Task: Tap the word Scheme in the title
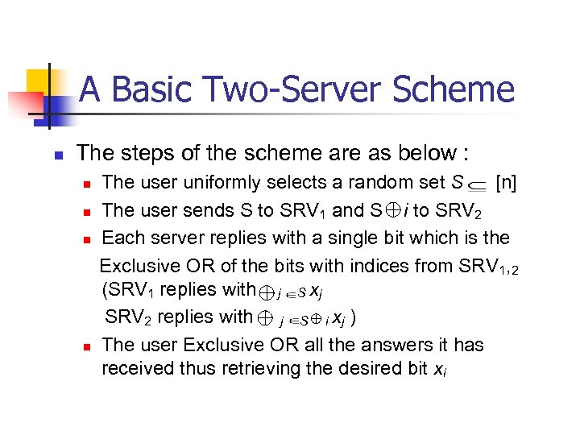coord(458,89)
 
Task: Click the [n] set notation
coord(507,183)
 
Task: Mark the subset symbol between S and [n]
coord(475,185)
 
